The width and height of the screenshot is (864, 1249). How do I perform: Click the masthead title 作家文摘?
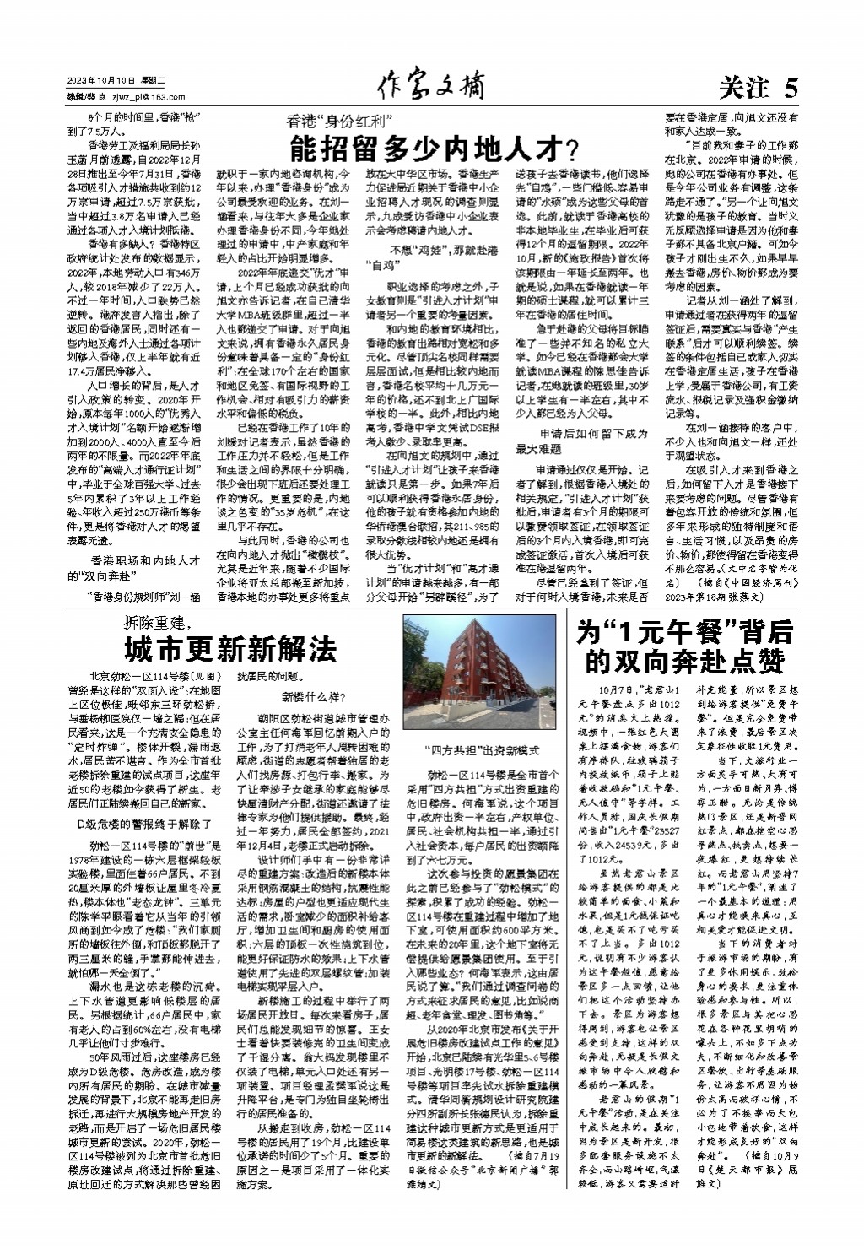(431, 86)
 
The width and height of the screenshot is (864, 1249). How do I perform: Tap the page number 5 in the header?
(789, 87)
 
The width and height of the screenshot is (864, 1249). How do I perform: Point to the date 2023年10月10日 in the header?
(101, 80)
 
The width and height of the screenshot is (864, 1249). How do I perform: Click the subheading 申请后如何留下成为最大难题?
(581, 441)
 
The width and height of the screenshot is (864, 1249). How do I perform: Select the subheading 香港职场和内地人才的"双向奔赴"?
(145, 567)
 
